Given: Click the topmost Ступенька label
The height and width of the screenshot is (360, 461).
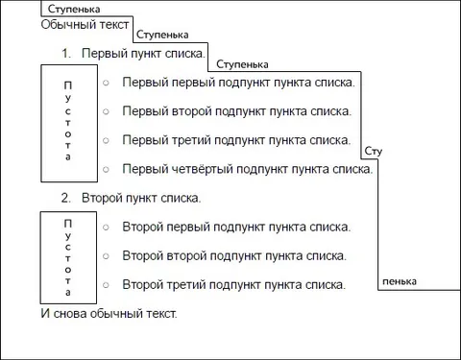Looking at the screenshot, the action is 74,10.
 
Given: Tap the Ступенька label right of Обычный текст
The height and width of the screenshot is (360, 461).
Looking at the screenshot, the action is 162,35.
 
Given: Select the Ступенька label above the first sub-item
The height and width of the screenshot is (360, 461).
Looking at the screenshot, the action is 242,64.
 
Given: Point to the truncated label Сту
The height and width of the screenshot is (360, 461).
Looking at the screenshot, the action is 374,151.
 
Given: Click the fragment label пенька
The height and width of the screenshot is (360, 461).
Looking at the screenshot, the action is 400,281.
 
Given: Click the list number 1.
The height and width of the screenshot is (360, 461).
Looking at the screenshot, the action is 66,54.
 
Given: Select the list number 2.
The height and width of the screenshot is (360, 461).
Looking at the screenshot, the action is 66,198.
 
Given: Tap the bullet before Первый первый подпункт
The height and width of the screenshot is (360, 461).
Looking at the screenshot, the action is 106,83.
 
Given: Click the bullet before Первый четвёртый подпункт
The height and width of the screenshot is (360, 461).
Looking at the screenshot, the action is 106,169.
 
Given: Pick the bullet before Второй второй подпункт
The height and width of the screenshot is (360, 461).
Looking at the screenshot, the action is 106,256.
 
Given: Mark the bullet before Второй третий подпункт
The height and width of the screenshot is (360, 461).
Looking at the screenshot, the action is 106,285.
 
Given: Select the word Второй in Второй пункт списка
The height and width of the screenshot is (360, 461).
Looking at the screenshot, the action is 102,198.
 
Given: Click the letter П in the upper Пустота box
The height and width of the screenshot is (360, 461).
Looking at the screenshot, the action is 68,85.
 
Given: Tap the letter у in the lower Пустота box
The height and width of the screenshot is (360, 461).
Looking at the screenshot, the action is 68,236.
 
